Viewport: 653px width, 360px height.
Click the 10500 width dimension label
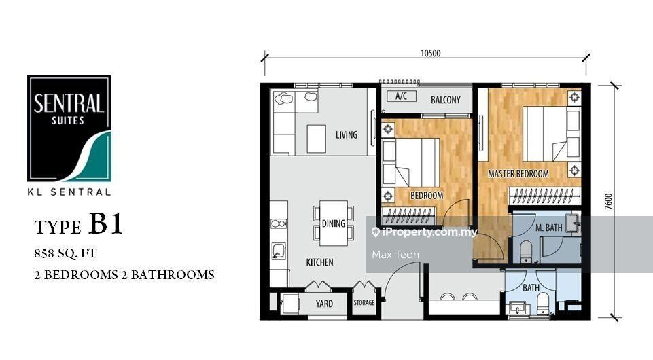(430, 53)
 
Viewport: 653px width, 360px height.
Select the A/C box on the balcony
(402, 96)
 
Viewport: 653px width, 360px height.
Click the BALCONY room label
(446, 100)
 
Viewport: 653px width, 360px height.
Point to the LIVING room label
(347, 135)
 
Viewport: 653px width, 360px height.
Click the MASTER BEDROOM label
(518, 174)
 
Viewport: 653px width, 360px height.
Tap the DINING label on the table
(334, 223)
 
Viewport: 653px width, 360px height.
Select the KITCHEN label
(319, 262)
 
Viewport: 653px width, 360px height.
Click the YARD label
(324, 304)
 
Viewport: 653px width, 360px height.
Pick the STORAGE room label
(364, 302)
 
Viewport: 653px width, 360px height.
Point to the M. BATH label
(548, 228)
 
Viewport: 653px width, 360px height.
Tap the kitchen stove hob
(279, 224)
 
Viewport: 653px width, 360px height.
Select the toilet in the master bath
(527, 251)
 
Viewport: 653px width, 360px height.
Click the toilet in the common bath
(543, 303)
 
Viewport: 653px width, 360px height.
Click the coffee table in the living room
(317, 139)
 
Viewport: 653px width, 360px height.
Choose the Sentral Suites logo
(69, 128)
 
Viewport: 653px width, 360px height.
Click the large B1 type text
(106, 223)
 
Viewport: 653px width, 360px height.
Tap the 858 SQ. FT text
(65, 253)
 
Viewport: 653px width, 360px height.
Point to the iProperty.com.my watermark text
(425, 232)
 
